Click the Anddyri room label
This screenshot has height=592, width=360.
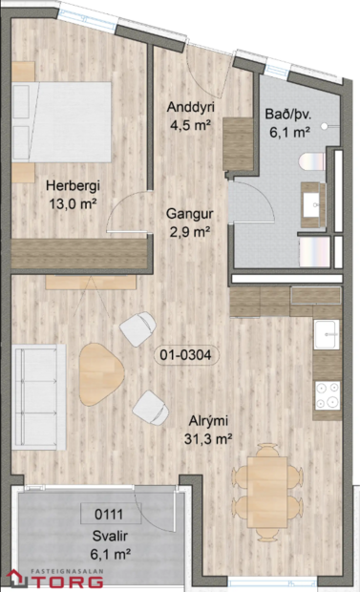pos(188,107)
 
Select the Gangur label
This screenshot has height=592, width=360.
pos(188,215)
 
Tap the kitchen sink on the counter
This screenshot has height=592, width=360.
pos(328,334)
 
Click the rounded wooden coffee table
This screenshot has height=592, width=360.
pos(99,371)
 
